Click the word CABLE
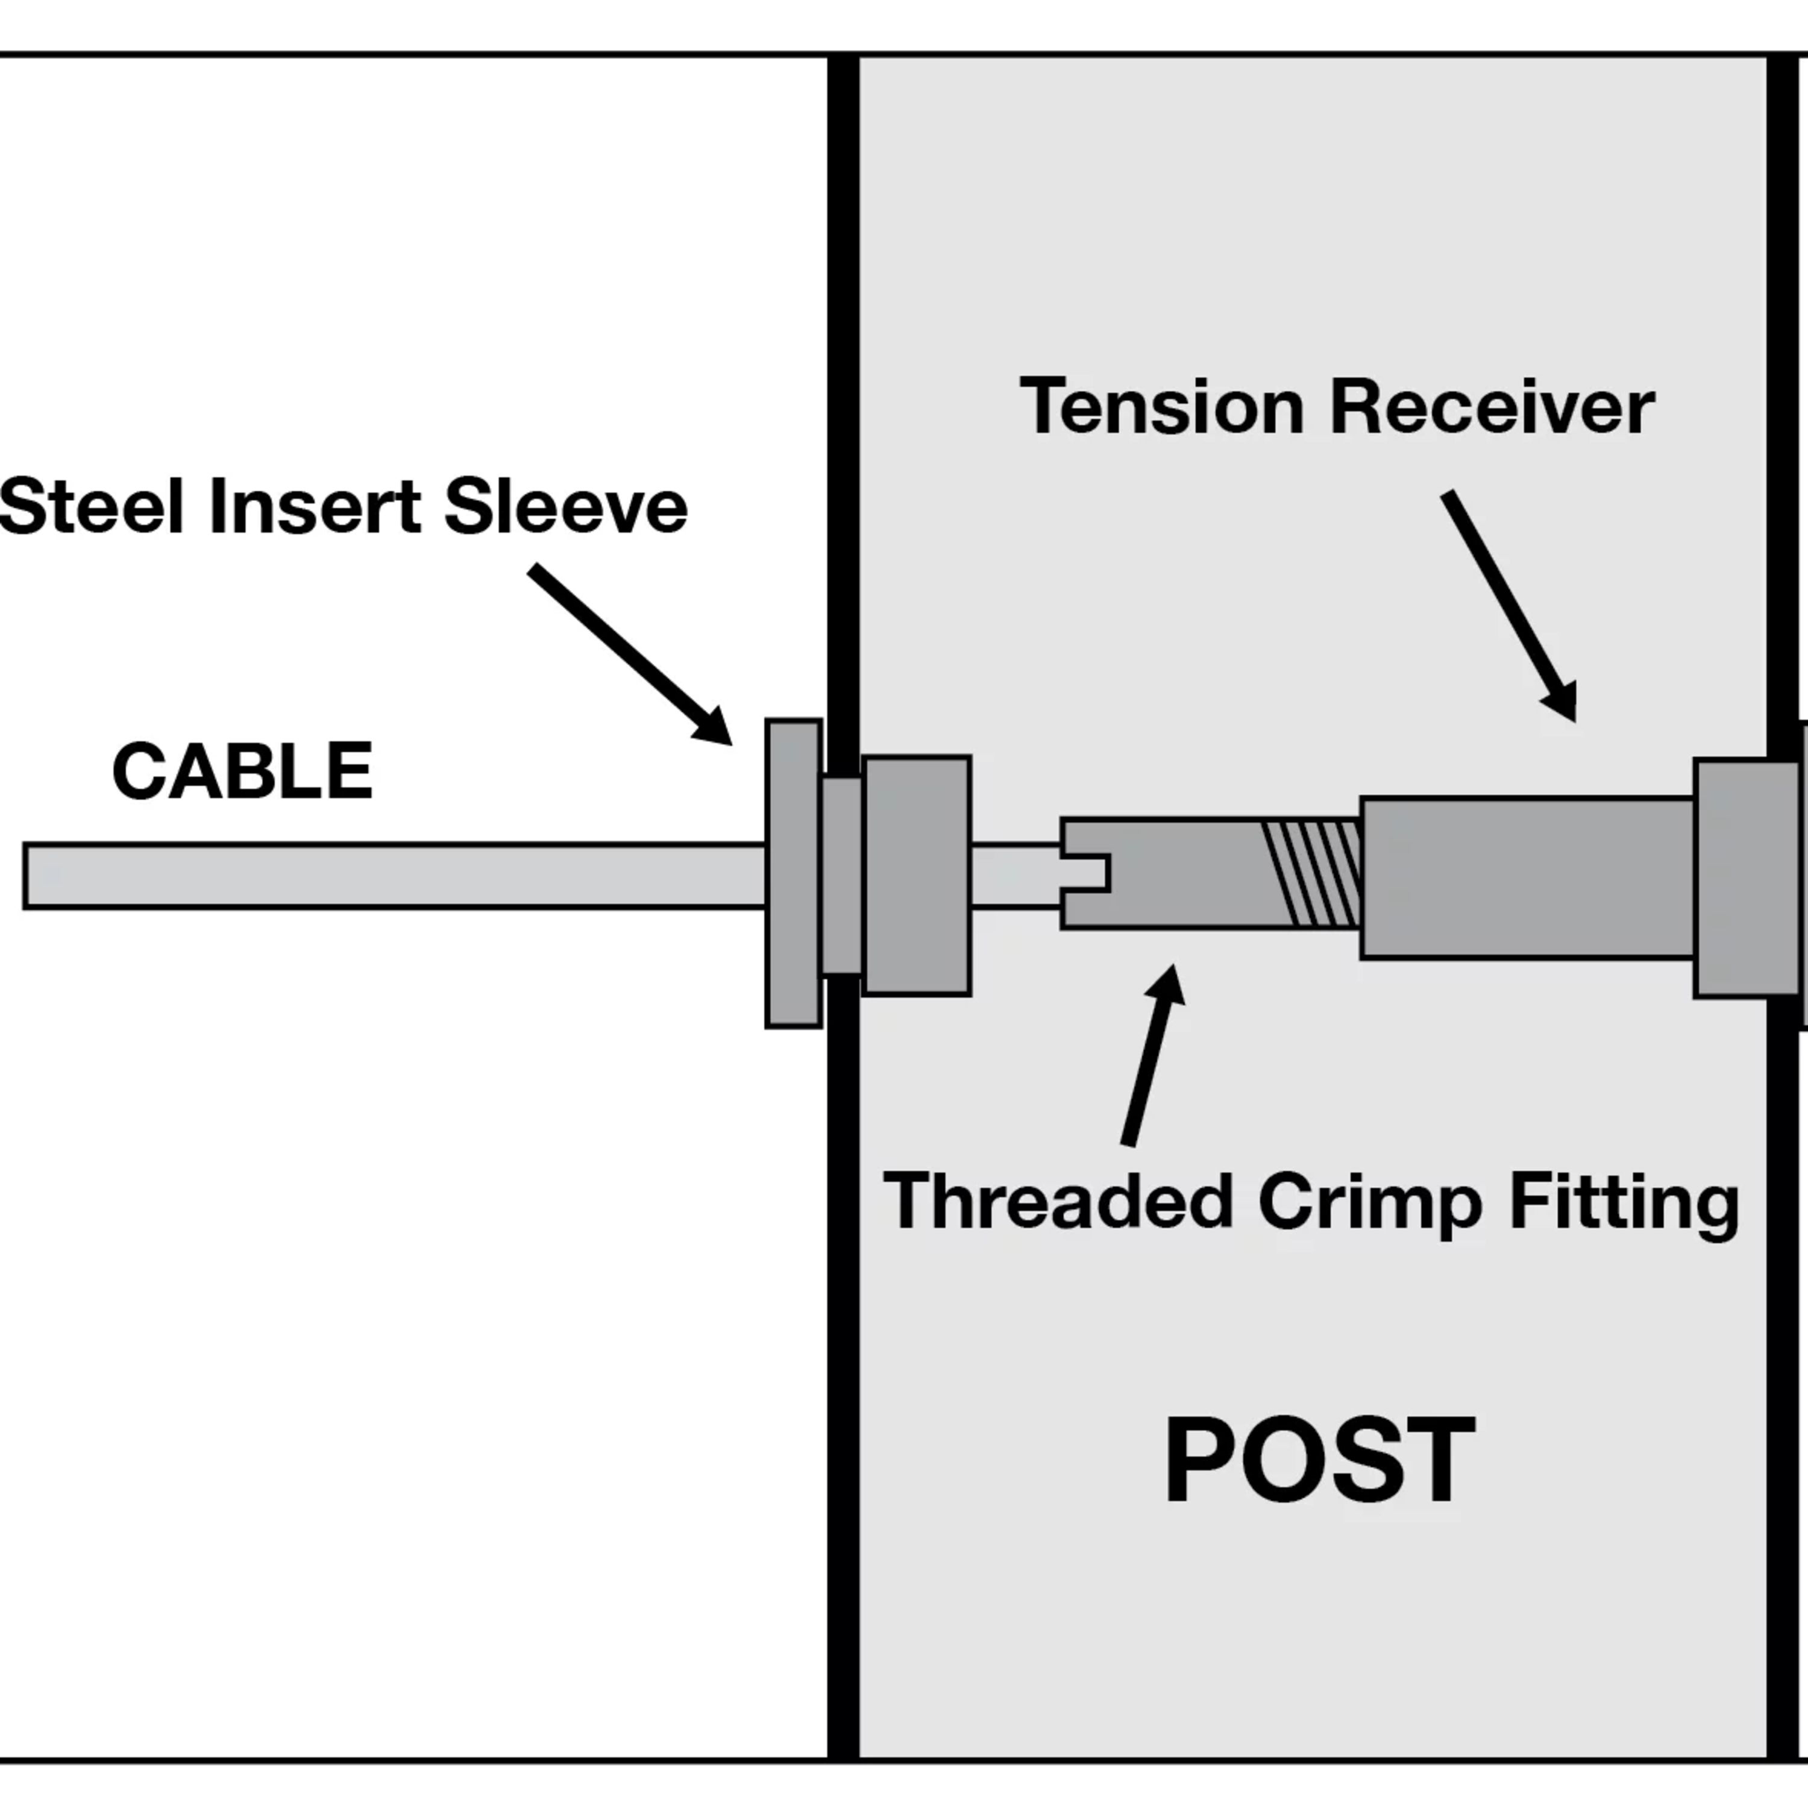coord(242,771)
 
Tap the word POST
coord(1319,1460)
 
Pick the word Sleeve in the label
coord(565,506)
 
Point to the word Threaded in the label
coord(1058,1202)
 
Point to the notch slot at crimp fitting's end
coord(1087,872)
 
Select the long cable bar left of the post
coord(393,876)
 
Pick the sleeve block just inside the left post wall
coord(916,875)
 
